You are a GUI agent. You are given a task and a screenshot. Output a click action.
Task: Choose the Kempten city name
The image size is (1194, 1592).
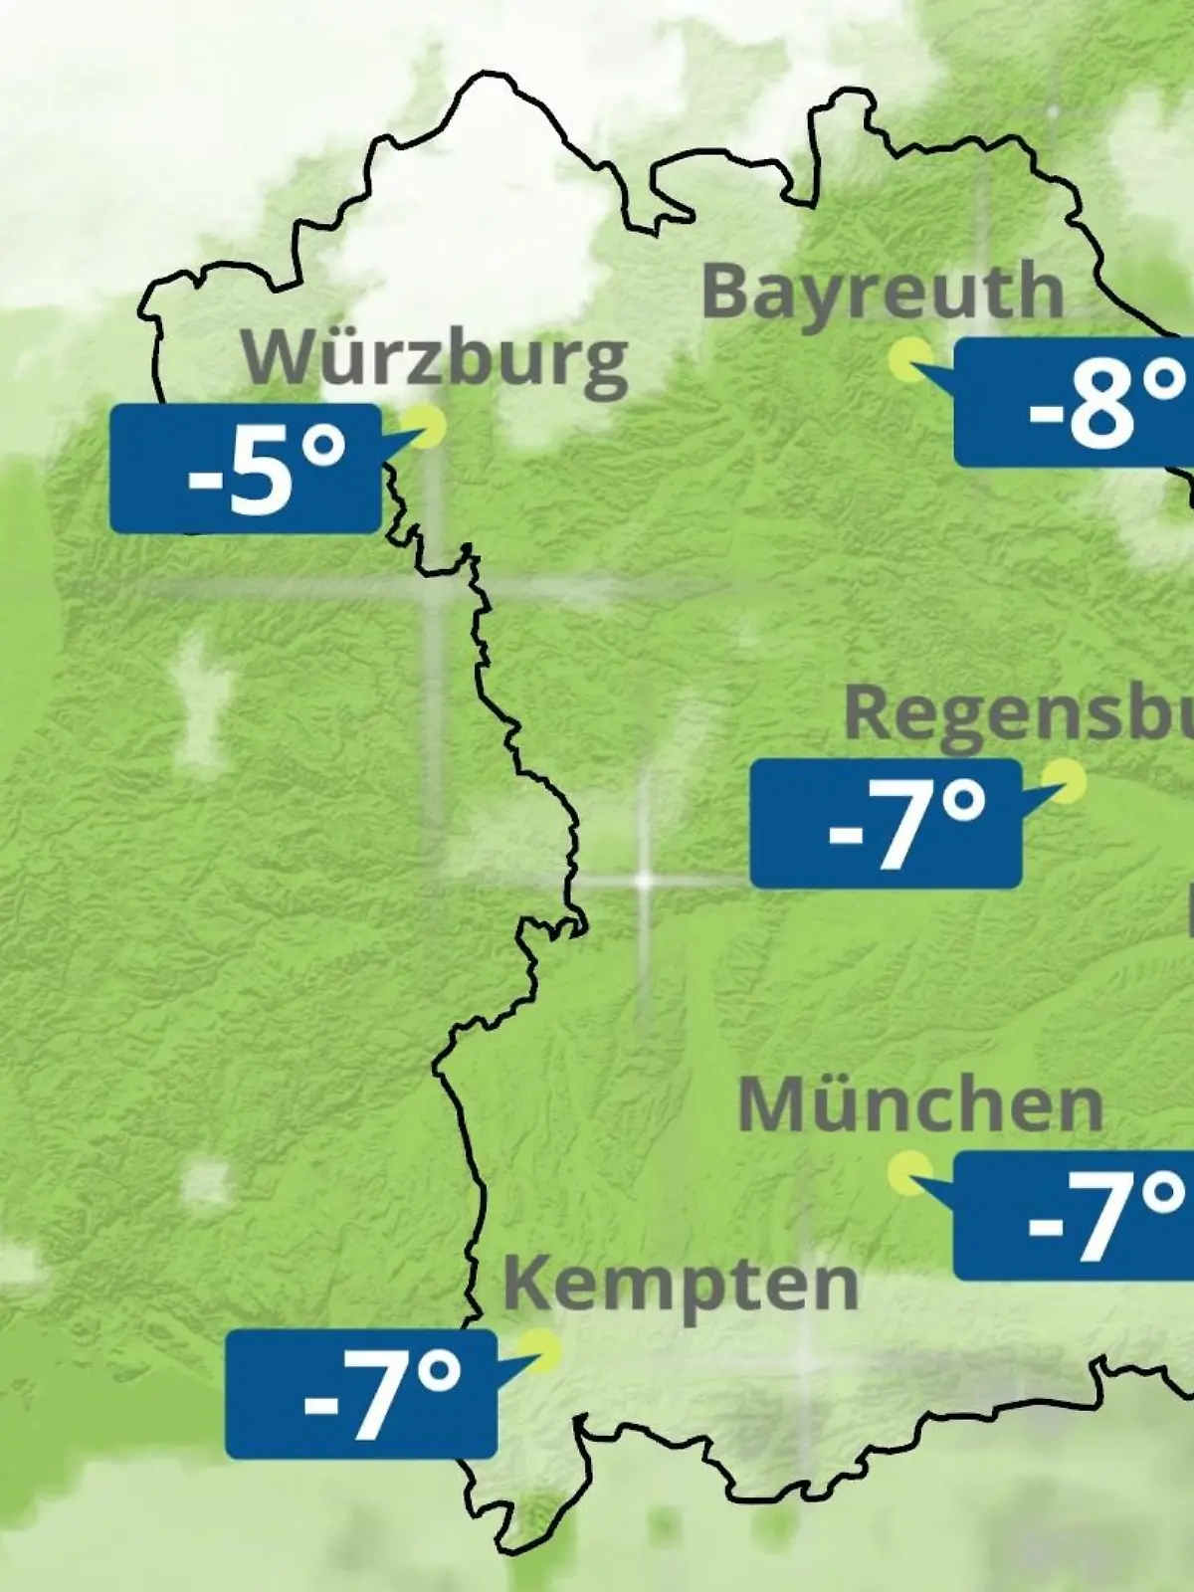click(681, 1284)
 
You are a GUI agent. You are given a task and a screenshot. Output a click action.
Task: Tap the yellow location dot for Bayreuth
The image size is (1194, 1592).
click(909, 359)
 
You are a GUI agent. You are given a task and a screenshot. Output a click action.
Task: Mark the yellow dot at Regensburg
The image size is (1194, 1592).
click(1067, 781)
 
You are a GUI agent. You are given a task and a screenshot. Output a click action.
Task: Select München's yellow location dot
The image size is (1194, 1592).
click(909, 1173)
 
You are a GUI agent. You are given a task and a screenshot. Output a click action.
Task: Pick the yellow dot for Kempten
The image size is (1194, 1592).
click(544, 1351)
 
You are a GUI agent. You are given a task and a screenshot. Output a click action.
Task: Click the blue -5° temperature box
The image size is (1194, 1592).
click(246, 469)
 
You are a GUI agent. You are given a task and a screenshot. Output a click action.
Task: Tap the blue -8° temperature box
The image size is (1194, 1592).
click(1073, 402)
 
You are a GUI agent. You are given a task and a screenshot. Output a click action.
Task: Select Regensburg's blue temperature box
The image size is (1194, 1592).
click(886, 824)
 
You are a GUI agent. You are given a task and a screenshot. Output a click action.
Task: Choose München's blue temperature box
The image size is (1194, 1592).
click(1073, 1216)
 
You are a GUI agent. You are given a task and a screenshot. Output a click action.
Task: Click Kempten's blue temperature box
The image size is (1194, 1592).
click(360, 1394)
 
